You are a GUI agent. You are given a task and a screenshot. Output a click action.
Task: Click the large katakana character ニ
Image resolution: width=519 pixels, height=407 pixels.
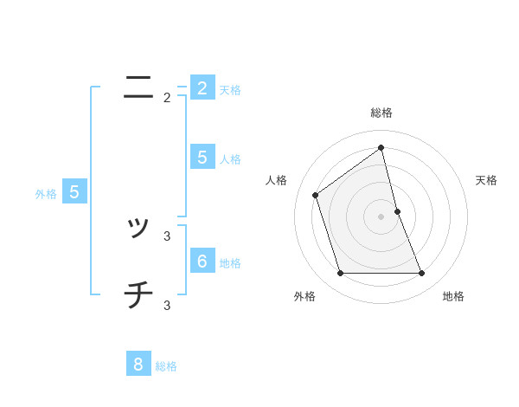pyautogui.click(x=138, y=87)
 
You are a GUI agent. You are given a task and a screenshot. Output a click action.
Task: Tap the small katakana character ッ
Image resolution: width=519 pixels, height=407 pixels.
pyautogui.click(x=138, y=228)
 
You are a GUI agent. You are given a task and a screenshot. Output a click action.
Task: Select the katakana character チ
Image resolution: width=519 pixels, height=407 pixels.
pyautogui.click(x=138, y=296)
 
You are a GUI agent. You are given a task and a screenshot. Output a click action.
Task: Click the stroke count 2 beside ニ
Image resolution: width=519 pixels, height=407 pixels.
pyautogui.click(x=167, y=98)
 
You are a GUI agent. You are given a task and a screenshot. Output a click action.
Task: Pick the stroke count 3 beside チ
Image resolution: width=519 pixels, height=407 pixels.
pyautogui.click(x=167, y=305)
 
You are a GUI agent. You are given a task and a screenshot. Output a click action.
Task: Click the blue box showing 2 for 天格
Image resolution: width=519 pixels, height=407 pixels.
pyautogui.click(x=202, y=88)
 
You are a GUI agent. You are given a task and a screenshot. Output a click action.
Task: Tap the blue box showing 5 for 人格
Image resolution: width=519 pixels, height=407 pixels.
pyautogui.click(x=202, y=158)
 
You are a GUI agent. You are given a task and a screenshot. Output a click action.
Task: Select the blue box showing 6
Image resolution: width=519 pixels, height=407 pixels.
pyautogui.click(x=202, y=261)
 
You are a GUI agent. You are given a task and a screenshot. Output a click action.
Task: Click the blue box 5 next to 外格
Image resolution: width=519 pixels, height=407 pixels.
pyautogui.click(x=74, y=192)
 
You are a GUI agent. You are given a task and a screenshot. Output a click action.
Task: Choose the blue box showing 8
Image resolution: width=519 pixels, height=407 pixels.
pyautogui.click(x=138, y=364)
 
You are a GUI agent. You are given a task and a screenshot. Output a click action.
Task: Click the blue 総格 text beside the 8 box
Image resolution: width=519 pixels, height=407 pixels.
pyautogui.click(x=166, y=367)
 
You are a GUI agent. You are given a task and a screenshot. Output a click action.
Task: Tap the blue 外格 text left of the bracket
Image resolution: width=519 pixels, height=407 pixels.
pyautogui.click(x=46, y=195)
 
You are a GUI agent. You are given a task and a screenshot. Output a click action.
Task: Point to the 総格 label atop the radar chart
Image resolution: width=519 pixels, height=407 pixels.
pyautogui.click(x=381, y=113)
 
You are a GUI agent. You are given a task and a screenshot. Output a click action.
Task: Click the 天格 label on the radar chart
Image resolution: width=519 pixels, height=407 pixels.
pyautogui.click(x=487, y=180)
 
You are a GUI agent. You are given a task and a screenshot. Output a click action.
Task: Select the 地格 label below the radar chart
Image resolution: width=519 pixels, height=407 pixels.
pyautogui.click(x=453, y=297)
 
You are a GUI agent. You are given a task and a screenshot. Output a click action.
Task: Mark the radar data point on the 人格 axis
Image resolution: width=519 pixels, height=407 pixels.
pyautogui.click(x=315, y=195)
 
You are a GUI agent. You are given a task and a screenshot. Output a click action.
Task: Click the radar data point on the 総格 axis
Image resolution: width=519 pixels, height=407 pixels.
pyautogui.click(x=381, y=147)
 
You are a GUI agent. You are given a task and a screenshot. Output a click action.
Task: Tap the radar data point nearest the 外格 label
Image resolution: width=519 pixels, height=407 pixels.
pyautogui.click(x=340, y=274)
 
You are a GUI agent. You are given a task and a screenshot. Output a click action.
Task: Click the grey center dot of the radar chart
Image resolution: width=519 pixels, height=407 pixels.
pyautogui.click(x=381, y=216)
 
